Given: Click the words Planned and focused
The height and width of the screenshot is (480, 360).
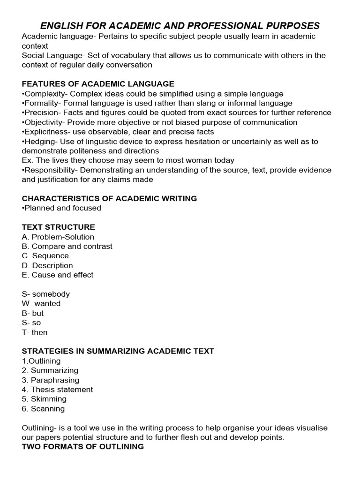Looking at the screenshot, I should click(x=62, y=208).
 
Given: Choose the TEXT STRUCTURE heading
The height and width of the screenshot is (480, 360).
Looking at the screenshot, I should click(x=58, y=227).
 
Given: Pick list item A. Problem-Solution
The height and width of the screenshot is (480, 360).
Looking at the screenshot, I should click(x=58, y=237).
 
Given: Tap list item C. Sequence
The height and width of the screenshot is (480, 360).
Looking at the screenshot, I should click(x=45, y=256).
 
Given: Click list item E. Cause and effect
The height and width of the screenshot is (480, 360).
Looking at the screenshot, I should click(x=57, y=275).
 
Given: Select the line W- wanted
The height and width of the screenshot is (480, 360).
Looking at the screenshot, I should click(x=41, y=303).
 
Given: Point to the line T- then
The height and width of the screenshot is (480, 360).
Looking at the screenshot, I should click(x=34, y=332).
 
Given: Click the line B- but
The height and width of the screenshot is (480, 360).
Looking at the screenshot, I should click(x=32, y=313).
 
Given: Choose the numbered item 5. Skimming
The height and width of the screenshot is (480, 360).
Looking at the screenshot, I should click(x=44, y=399).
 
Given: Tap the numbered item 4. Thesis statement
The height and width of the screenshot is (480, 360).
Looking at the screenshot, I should click(x=57, y=390).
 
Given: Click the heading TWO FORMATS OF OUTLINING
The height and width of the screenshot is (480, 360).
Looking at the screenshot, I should click(x=82, y=447).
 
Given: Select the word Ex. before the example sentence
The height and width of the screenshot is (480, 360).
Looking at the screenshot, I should click(x=27, y=160).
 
